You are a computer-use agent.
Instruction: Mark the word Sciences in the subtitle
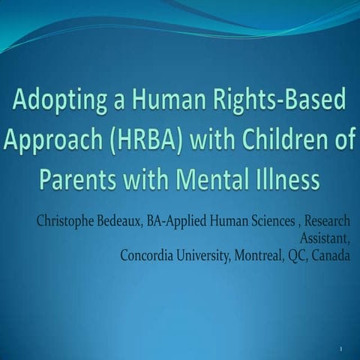pos(271,222)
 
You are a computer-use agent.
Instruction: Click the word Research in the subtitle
pos(326,222)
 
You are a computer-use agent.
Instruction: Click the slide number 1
pos(340,349)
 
